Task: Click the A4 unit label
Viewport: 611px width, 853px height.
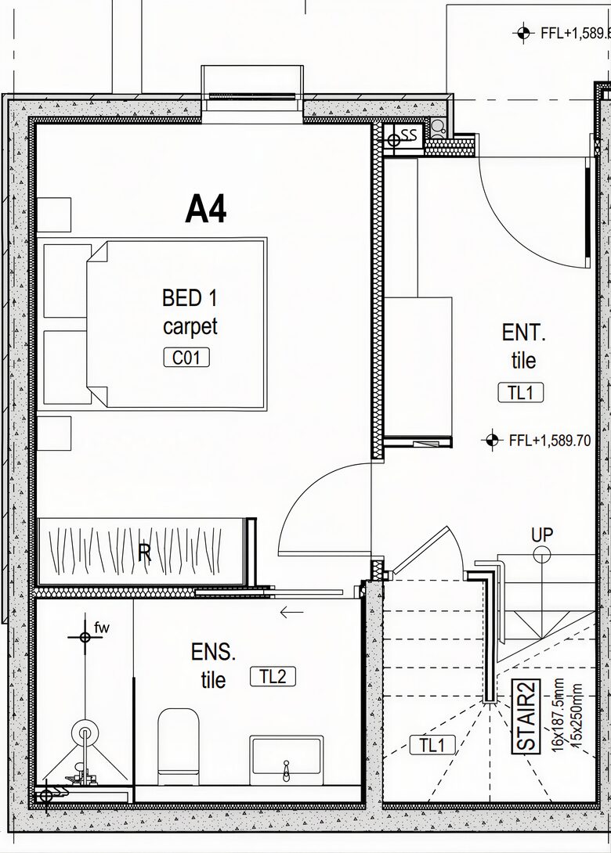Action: [206, 209]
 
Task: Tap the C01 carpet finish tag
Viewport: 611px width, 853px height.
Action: [186, 358]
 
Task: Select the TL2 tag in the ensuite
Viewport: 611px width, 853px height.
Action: [273, 676]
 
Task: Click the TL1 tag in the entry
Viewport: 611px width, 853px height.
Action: [521, 392]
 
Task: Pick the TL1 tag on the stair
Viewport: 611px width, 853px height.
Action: [432, 745]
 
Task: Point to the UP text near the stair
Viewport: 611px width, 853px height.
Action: [542, 534]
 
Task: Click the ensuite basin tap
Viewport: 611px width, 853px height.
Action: [287, 770]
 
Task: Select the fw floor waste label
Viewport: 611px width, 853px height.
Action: [102, 628]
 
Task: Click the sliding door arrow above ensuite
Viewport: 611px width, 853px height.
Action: [291, 613]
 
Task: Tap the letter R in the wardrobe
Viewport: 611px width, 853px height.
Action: [144, 552]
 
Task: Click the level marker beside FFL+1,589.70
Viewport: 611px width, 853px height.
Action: [492, 440]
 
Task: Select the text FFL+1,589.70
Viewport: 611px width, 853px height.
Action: [549, 440]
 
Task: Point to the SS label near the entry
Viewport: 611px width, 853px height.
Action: [409, 135]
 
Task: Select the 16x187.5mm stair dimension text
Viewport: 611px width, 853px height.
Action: [558, 718]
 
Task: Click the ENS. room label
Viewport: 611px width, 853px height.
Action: [213, 652]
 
